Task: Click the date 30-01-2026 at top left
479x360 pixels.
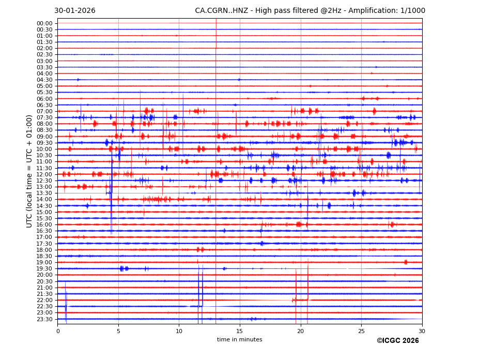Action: [x=75, y=11]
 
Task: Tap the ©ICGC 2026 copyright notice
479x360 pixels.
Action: [x=397, y=341]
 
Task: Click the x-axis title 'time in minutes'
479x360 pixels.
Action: [x=239, y=340]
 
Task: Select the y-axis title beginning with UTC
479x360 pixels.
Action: [x=30, y=171]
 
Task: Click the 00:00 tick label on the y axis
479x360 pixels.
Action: [x=44, y=23]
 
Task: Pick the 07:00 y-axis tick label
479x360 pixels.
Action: [x=44, y=111]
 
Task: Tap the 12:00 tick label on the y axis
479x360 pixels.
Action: [x=44, y=174]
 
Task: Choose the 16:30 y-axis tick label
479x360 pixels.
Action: [x=44, y=231]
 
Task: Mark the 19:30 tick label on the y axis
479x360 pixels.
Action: [x=44, y=268]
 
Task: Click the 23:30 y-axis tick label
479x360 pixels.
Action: [x=44, y=319]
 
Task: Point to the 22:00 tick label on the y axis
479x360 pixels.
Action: [x=44, y=300]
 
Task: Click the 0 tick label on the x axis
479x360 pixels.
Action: [x=58, y=331]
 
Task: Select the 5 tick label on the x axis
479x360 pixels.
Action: [x=118, y=331]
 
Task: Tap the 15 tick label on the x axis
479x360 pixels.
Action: [x=240, y=331]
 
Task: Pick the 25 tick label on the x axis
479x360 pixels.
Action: [x=361, y=331]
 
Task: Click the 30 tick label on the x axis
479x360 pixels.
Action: [x=422, y=331]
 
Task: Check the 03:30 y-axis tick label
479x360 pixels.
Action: [x=44, y=67]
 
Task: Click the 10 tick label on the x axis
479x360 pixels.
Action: [x=179, y=331]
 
